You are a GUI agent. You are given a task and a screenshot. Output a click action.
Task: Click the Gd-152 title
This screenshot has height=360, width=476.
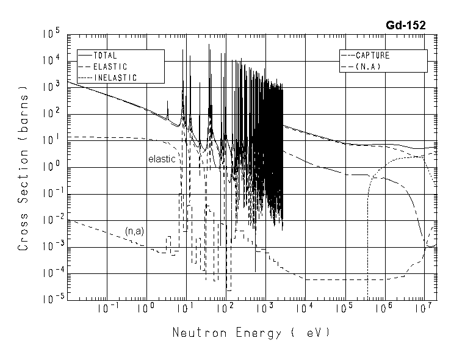pyautogui.click(x=406, y=25)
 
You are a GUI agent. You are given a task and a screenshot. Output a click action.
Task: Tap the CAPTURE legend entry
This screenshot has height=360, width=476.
pyautogui.click(x=372, y=56)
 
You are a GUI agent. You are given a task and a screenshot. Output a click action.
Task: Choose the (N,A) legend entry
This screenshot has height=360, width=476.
pyautogui.click(x=367, y=67)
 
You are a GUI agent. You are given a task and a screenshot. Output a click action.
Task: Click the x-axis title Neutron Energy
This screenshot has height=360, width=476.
pyautogui.click(x=251, y=333)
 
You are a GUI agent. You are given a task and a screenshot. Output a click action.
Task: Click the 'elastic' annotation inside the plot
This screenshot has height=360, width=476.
pyautogui.click(x=162, y=159)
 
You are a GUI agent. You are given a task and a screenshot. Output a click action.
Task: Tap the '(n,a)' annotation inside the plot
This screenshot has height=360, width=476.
pyautogui.click(x=134, y=231)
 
